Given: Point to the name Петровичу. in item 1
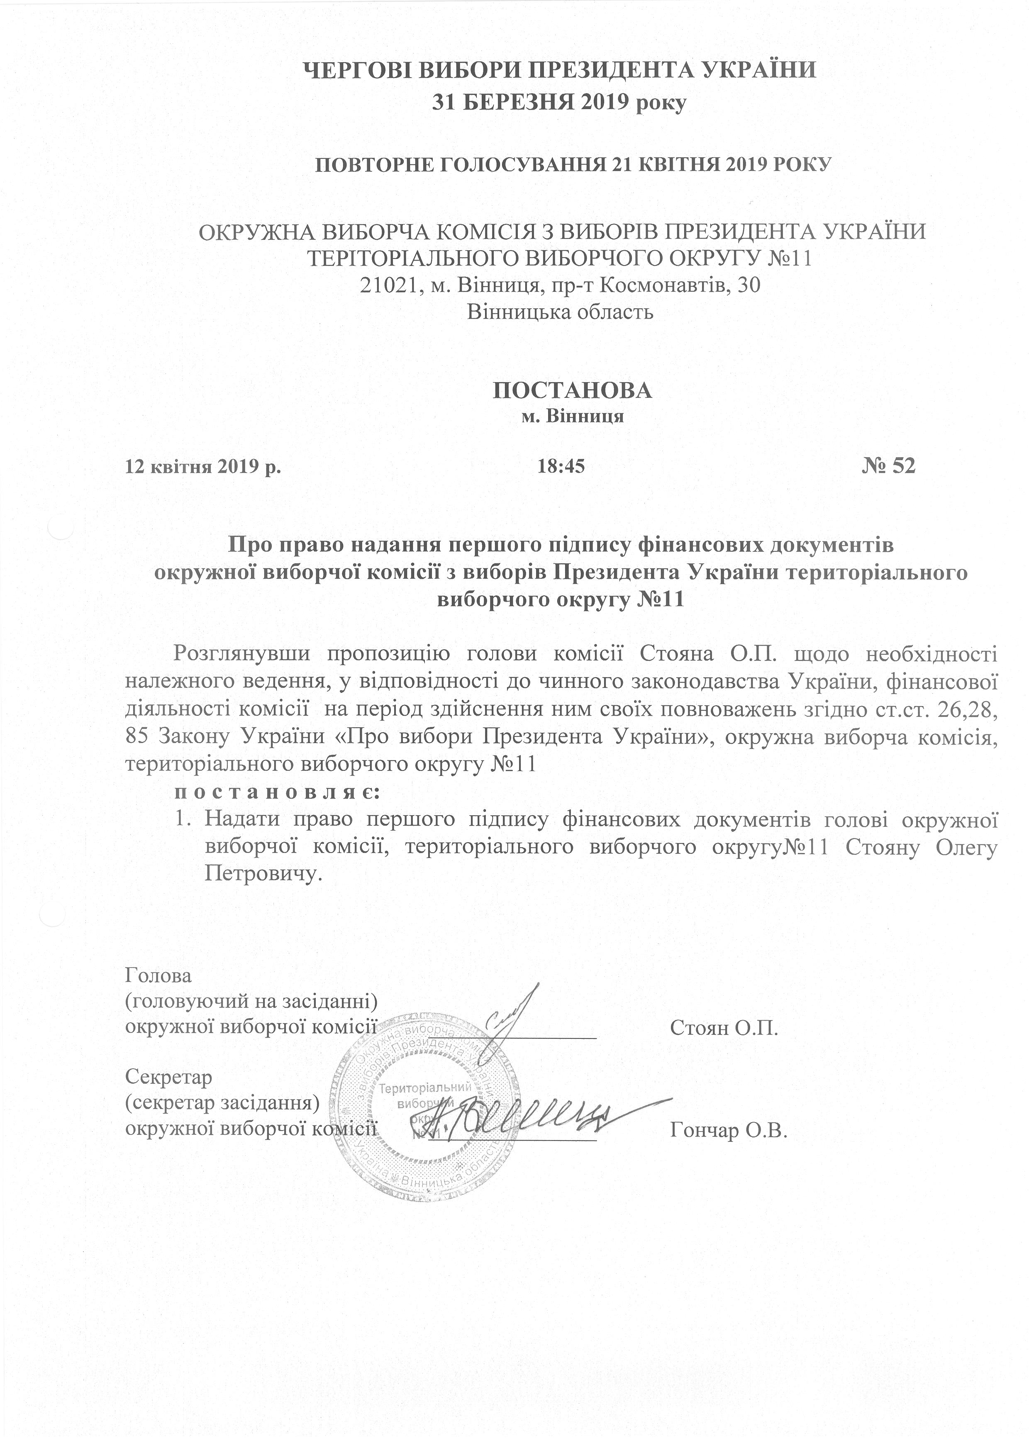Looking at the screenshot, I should [259, 875].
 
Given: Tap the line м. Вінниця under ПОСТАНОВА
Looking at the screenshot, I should [572, 417].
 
